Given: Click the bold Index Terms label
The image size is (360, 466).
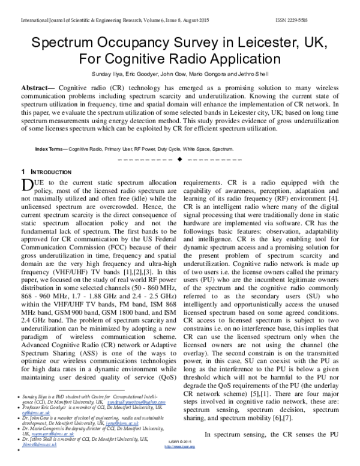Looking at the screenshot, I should pos(51,148).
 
